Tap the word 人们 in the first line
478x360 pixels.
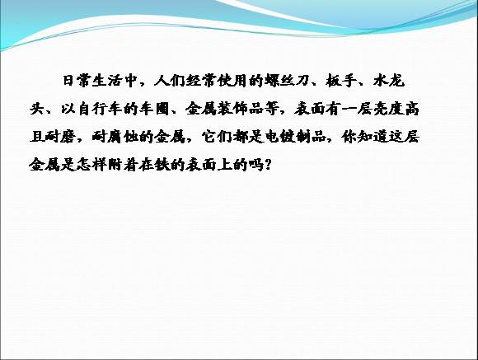170,81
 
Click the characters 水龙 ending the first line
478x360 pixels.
389,81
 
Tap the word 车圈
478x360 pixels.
155,109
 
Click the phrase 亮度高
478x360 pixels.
396,109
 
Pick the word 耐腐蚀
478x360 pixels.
115,137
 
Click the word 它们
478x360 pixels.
217,137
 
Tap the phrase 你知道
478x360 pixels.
364,137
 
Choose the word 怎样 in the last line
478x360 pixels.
91,165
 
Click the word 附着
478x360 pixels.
123,165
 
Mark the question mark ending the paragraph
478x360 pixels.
268,165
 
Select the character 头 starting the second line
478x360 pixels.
37,109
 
